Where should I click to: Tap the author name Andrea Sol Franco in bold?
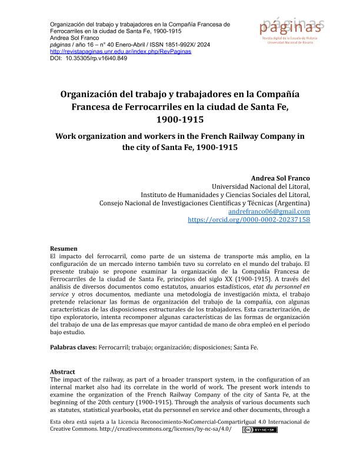point(280,178)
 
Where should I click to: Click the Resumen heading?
point(64,248)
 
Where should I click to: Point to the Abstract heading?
point(63,372)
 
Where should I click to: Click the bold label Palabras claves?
point(74,347)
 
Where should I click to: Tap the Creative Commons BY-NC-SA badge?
point(259,430)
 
